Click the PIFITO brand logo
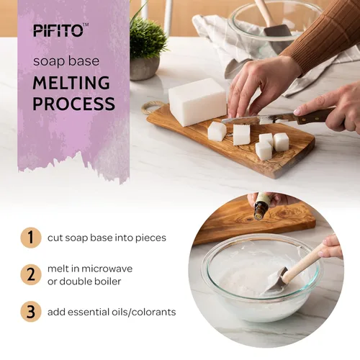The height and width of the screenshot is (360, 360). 60,30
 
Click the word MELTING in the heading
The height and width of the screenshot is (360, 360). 71,83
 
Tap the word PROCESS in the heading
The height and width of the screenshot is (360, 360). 73,104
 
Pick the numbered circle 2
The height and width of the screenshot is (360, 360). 30,274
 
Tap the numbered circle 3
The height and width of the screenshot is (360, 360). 30,312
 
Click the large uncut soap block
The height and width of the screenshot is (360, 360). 197,102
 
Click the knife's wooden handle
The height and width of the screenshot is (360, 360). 312,115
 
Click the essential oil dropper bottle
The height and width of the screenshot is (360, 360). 261,207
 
